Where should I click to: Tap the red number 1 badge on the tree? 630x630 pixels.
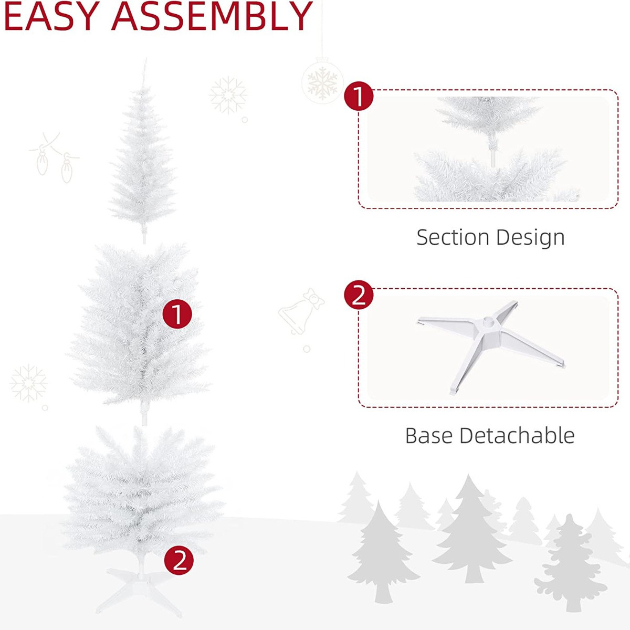click(177, 314)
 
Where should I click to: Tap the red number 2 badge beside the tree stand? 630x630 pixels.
click(179, 560)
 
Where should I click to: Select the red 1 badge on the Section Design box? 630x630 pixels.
click(359, 97)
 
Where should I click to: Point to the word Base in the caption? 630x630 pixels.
click(429, 436)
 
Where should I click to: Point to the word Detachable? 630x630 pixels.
click(517, 436)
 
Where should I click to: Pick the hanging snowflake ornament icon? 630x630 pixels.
click(322, 81)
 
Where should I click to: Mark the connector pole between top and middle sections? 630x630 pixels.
click(144, 236)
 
